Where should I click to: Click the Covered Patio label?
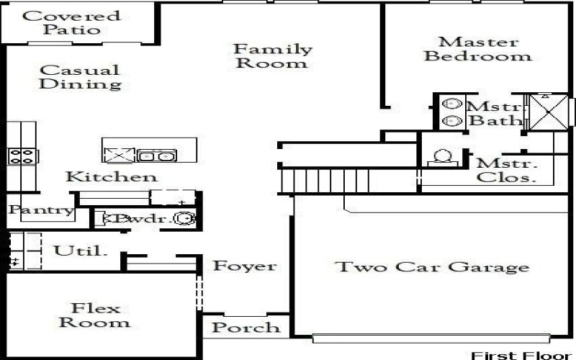click(71, 23)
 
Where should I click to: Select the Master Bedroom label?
click(478, 49)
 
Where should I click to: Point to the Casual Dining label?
click(79, 77)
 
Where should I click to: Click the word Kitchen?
click(111, 176)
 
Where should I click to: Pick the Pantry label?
click(41, 210)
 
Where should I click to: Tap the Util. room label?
click(81, 251)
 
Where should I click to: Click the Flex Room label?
click(99, 315)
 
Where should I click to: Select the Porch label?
click(246, 328)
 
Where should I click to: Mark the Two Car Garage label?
click(432, 267)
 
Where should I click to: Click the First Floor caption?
click(522, 355)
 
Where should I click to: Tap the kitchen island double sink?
click(157, 155)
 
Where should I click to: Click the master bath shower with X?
click(549, 112)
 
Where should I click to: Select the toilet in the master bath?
click(443, 157)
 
